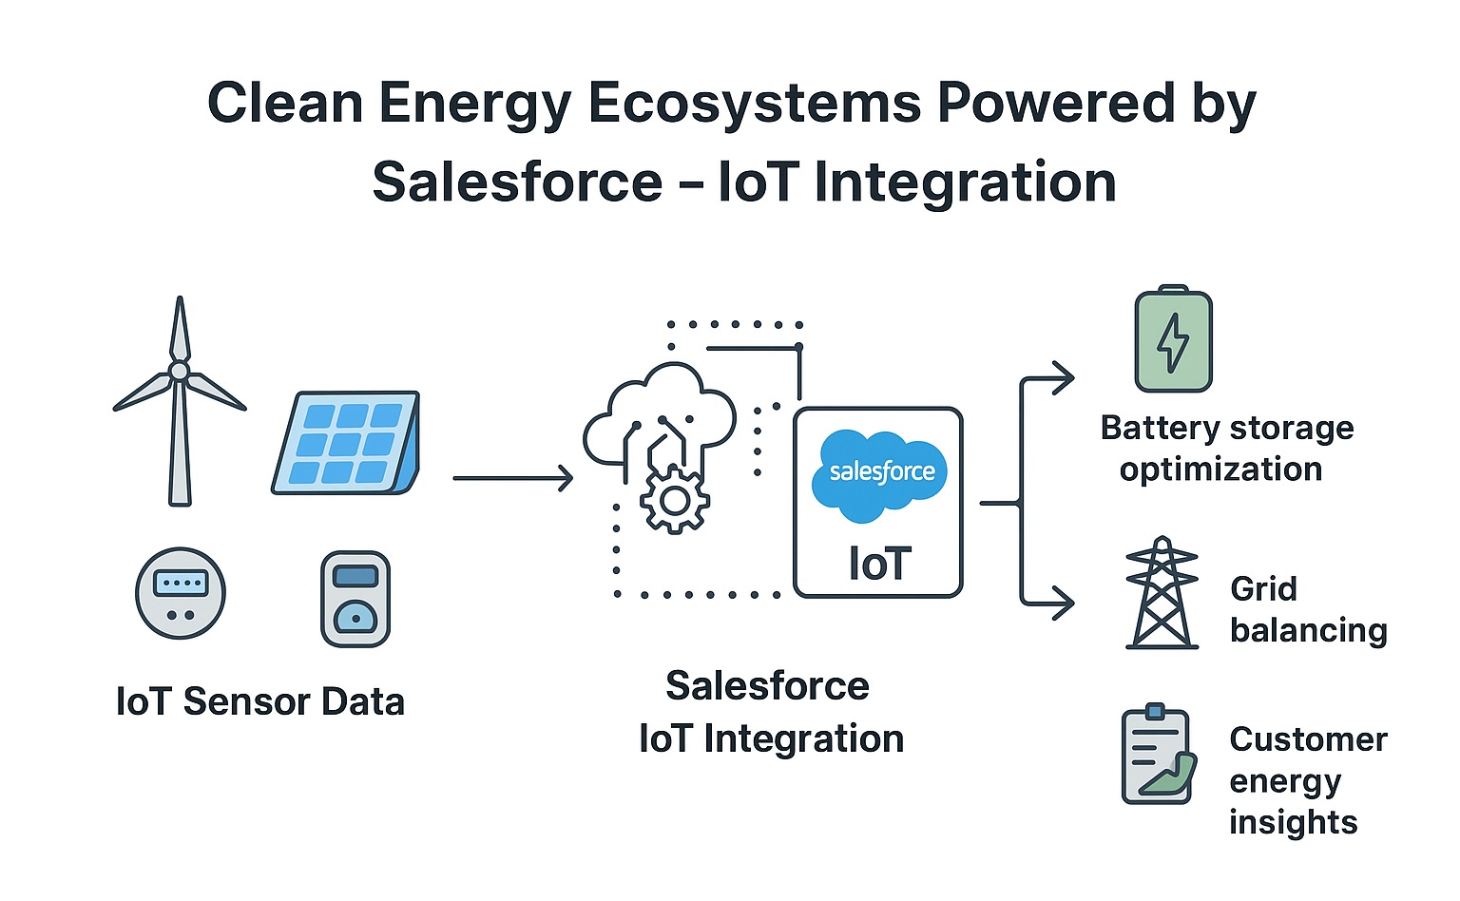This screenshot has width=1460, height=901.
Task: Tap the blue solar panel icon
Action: (346, 443)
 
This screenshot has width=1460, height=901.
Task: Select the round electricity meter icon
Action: (181, 593)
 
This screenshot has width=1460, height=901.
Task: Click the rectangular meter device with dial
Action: (355, 599)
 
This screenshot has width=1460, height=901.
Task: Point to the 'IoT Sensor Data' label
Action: (260, 701)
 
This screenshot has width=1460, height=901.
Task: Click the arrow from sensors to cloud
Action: (513, 478)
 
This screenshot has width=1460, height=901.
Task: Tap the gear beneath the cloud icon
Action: (675, 500)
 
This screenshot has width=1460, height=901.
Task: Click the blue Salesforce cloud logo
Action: (879, 475)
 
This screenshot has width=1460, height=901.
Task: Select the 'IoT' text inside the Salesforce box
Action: (879, 564)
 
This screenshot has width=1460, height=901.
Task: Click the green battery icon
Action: (1173, 338)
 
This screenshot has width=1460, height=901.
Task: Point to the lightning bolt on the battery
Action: (1173, 343)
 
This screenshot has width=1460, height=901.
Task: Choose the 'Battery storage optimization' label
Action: (1227, 449)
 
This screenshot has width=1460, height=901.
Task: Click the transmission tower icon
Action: (1162, 593)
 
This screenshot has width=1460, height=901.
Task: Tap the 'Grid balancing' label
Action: (1308, 609)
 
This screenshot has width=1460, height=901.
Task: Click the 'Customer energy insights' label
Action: (1308, 780)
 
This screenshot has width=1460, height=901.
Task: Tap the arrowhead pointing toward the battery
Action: (1063, 378)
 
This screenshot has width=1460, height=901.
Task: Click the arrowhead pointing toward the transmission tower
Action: (1063, 604)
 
